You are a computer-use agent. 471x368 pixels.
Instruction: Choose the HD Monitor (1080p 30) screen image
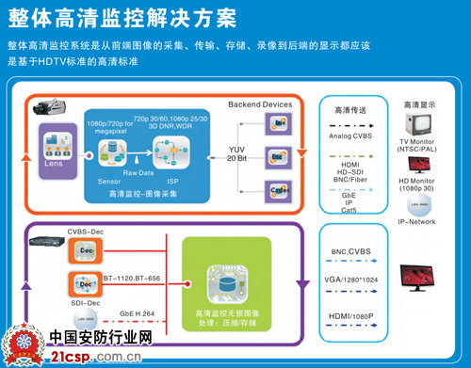[415, 171]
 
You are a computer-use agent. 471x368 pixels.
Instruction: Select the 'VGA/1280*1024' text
[354, 279]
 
